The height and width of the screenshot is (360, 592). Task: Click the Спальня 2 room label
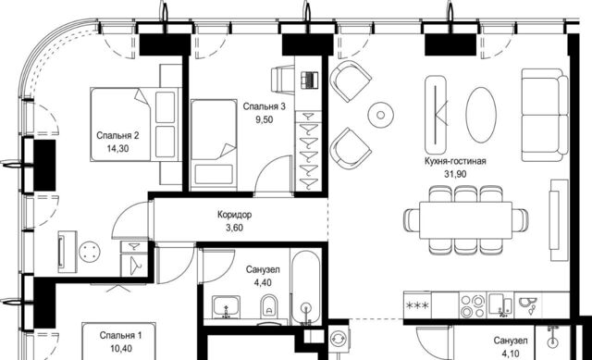coord(117,135)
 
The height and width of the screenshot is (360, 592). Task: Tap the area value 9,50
coord(265,119)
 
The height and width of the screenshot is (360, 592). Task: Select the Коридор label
coord(234,215)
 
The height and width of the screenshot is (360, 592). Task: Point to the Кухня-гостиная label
coord(455,161)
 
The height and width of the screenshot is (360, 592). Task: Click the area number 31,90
coord(455,174)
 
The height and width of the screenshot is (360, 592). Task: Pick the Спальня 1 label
coord(121,335)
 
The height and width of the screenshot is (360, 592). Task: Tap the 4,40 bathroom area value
coord(263,282)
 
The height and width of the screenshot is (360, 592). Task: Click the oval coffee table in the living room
coord(481,115)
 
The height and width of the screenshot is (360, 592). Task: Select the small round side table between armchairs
coord(380,115)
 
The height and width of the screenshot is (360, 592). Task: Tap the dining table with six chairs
coord(466,220)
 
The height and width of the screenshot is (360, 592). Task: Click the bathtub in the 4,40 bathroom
coord(306,287)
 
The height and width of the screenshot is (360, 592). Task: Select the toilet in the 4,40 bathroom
coord(269,306)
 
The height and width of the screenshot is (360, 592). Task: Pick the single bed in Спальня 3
coord(214,145)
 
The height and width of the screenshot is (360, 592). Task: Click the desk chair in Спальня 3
coord(282,79)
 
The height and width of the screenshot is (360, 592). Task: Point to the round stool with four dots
coord(90,252)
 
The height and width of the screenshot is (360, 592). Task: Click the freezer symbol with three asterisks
coord(417,305)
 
